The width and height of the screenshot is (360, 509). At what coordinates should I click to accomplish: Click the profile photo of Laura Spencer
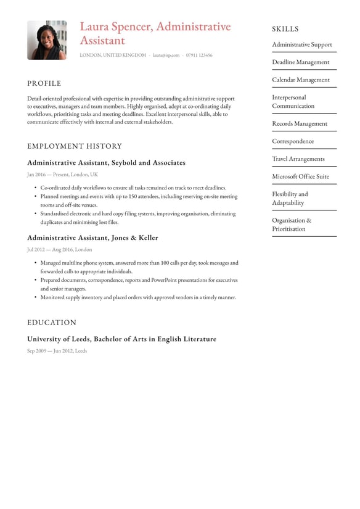(46, 40)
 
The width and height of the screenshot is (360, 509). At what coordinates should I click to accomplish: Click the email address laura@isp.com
(166, 56)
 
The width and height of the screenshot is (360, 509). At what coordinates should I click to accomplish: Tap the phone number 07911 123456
(199, 56)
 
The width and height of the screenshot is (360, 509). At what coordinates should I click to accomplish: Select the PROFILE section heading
(44, 83)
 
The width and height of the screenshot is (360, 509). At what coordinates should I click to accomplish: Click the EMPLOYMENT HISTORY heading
(75, 146)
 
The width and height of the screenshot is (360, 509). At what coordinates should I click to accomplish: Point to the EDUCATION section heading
(52, 323)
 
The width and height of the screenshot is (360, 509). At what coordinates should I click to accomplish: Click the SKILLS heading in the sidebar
(285, 29)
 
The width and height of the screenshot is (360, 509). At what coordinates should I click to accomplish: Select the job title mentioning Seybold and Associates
(106, 163)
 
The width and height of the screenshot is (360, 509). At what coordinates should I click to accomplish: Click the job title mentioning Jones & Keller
(92, 238)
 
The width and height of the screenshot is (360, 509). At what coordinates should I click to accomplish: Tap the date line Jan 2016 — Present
(62, 175)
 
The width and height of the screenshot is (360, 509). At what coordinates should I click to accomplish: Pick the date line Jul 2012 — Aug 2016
(59, 250)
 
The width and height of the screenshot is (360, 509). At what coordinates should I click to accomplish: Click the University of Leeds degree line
(121, 339)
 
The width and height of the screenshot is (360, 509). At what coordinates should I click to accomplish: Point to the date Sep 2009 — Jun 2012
(57, 351)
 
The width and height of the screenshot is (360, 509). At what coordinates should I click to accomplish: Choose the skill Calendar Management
(301, 80)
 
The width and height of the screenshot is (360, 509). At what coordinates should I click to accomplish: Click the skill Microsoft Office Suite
(301, 176)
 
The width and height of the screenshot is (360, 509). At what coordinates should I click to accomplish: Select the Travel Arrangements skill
(298, 159)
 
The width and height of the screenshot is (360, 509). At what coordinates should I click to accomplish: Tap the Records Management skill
(300, 123)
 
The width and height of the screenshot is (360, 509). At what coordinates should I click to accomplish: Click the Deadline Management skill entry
(301, 62)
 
